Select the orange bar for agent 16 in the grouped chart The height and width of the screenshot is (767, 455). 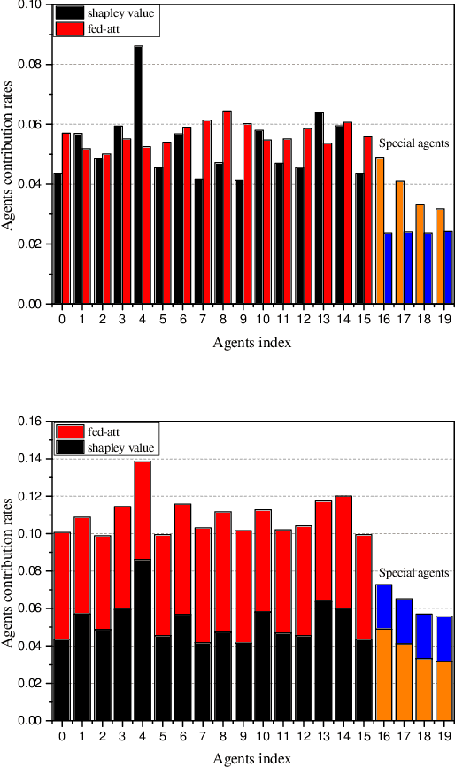(x=380, y=230)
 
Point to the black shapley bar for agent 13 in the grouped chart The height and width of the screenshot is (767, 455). (x=319, y=208)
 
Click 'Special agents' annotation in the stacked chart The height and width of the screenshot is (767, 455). (x=413, y=573)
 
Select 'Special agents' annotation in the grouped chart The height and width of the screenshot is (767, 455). (x=413, y=143)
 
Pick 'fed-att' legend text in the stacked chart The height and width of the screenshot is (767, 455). (x=104, y=431)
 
